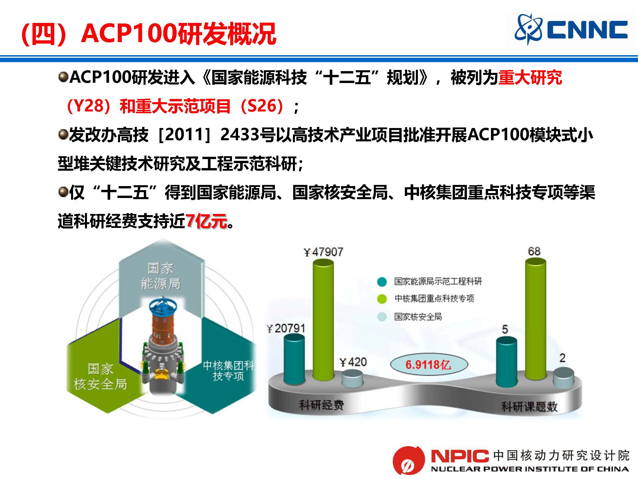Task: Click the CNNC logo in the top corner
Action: (571, 29)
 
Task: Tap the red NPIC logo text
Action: (460, 456)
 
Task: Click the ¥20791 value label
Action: (286, 329)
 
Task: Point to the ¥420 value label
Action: (353, 362)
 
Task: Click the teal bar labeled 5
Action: (506, 362)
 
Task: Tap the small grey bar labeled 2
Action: (563, 377)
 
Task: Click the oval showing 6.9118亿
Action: (429, 364)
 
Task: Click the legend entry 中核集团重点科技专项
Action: (425, 298)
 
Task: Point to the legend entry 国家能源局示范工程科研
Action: (429, 281)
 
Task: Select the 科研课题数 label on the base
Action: (529, 406)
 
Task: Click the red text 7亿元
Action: (206, 221)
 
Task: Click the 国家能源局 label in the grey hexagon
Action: (160, 276)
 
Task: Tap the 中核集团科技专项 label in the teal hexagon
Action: (228, 371)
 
